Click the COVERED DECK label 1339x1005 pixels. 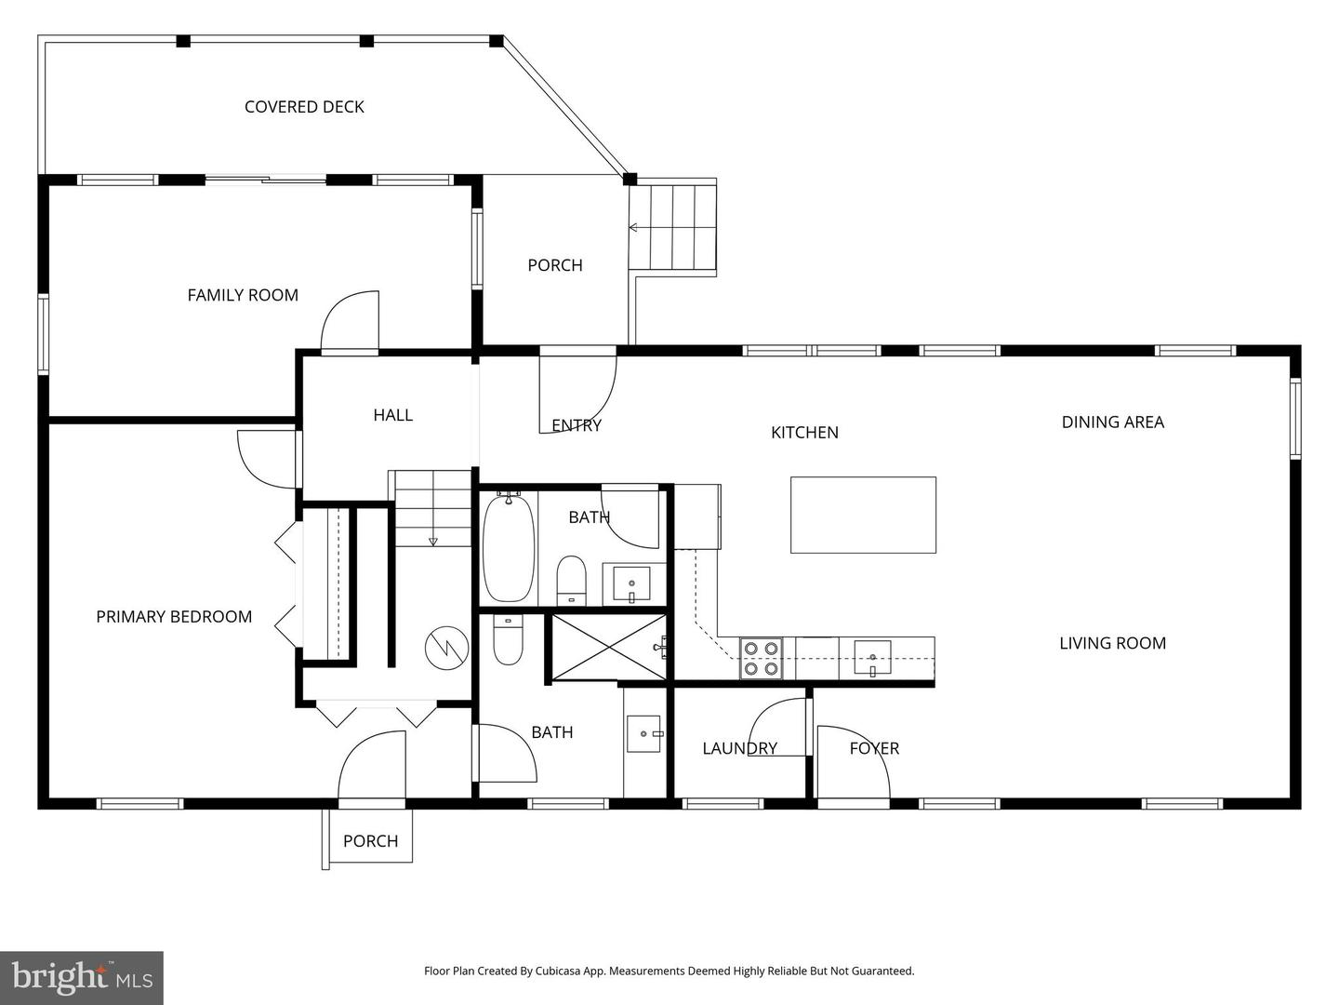click(304, 107)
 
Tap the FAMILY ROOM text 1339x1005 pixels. click(243, 295)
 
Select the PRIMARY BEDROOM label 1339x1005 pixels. click(174, 617)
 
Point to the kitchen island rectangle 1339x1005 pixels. click(863, 515)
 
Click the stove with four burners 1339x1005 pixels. click(761, 658)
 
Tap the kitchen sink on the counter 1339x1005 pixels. click(872, 658)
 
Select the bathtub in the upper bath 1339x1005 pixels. click(509, 549)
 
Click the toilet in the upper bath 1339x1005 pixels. click(571, 579)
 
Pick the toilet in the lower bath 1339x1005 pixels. click(508, 641)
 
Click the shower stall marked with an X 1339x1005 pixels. click(609, 646)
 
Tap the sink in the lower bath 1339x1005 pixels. click(643, 733)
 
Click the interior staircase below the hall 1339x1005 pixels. click(432, 509)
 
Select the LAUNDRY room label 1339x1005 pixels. click(739, 748)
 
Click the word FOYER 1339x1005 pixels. click(874, 748)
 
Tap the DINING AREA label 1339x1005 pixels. click(1112, 422)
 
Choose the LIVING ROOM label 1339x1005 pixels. click(1112, 643)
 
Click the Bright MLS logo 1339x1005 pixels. click(82, 977)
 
